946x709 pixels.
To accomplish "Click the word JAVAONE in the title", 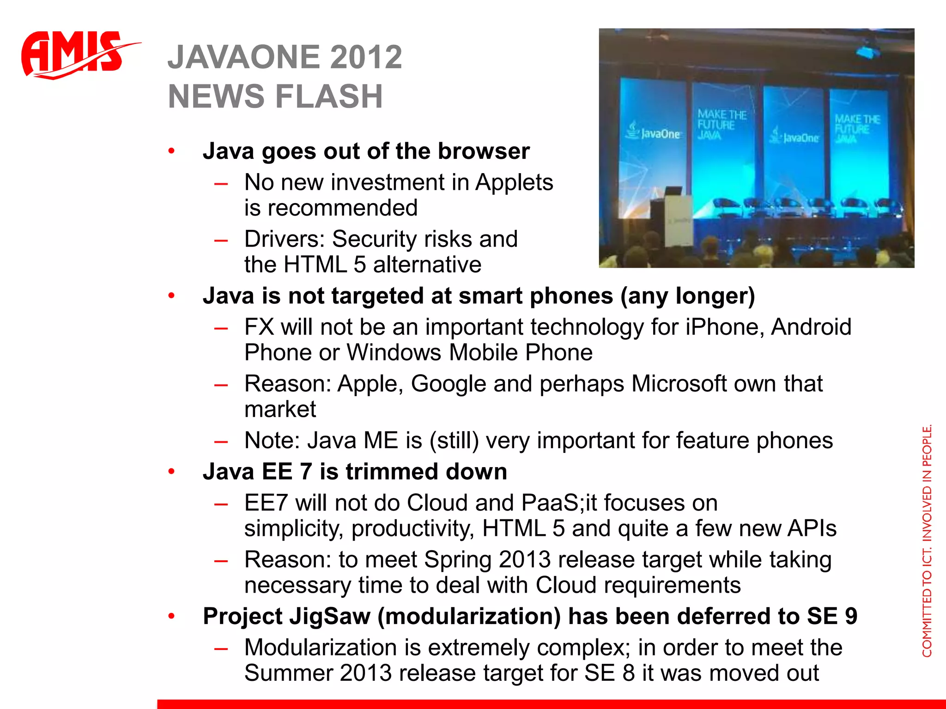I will pyautogui.click(x=243, y=57).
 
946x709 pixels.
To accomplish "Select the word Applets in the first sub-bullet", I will pyautogui.click(x=514, y=183).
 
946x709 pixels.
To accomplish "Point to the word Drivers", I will pyautogui.click(x=285, y=239).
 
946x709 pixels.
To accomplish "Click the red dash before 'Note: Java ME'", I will pyautogui.click(x=221, y=441).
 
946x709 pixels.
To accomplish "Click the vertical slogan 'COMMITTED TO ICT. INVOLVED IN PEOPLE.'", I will pyautogui.click(x=927, y=540).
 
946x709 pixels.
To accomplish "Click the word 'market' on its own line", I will pyautogui.click(x=280, y=409).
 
